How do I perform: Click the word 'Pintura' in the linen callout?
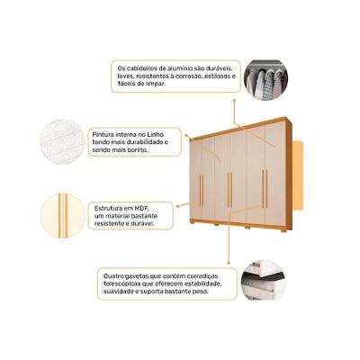(104, 134)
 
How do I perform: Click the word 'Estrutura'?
(109, 207)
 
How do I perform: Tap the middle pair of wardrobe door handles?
(230, 187)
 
